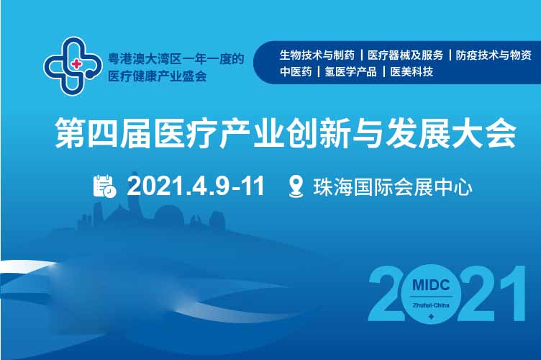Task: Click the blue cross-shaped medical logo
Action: pos(73,66)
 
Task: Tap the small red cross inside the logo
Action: pos(76,64)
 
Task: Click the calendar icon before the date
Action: pos(104,186)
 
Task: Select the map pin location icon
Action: pos(296,186)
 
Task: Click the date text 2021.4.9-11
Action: pos(196,186)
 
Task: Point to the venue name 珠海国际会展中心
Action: pos(393,187)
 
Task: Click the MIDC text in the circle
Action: pos(431,285)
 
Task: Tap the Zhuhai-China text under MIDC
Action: pos(431,305)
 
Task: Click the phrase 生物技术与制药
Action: pos(317,55)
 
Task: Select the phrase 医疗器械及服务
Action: pos(405,55)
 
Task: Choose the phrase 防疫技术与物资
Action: pos(494,55)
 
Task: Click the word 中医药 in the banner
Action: pos(296,72)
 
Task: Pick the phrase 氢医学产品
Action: pos(350,72)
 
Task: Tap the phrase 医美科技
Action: pos(412,72)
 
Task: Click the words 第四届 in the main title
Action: pos(102,133)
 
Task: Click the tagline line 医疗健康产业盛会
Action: pos(158,76)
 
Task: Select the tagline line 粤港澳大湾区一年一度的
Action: pos(176,58)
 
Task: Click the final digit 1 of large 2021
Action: pos(512,293)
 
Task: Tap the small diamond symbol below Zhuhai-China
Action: pos(431,316)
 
